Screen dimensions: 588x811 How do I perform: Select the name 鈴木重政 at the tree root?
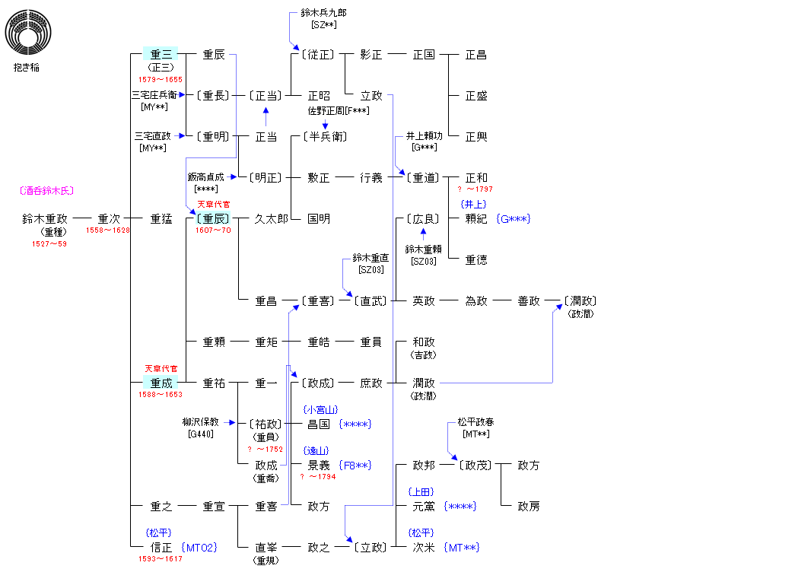[45, 219]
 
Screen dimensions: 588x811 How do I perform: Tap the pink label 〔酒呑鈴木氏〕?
[46, 191]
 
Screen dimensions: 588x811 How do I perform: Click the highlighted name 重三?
[161, 55]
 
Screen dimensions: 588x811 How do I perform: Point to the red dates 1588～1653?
[161, 395]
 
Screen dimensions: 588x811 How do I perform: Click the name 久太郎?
[271, 219]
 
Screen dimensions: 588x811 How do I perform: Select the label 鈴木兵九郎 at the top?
[323, 13]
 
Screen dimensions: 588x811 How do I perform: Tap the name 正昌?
[476, 55]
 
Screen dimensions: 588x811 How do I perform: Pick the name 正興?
[476, 137]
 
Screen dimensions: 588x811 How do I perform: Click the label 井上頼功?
[424, 136]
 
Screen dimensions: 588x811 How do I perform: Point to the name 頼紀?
[476, 219]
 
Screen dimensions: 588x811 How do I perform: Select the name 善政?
[529, 301]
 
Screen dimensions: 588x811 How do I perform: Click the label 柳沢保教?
[200, 422]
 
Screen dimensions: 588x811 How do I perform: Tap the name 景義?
[319, 466]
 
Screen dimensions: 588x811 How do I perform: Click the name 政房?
[529, 507]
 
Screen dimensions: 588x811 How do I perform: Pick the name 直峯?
[266, 548]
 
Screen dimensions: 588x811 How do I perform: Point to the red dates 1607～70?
[213, 230]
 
